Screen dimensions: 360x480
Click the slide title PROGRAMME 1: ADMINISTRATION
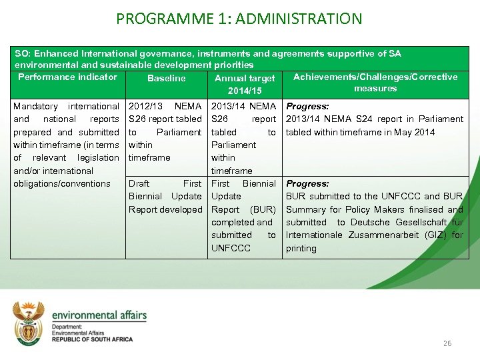(239, 18)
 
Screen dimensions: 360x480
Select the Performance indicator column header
(67, 77)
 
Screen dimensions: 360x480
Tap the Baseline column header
(166, 78)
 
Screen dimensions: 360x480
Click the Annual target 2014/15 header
(244, 84)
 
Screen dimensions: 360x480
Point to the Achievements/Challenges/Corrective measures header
(375, 83)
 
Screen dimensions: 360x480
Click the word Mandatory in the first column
(35, 106)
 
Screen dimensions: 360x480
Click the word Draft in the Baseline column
(139, 183)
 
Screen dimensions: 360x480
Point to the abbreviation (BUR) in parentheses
(263, 209)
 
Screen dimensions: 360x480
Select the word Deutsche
(371, 222)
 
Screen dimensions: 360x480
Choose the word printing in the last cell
(301, 248)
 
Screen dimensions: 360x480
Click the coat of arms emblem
(29, 321)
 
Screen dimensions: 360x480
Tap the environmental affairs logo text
(99, 315)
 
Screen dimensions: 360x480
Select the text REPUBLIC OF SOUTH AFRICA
(92, 339)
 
